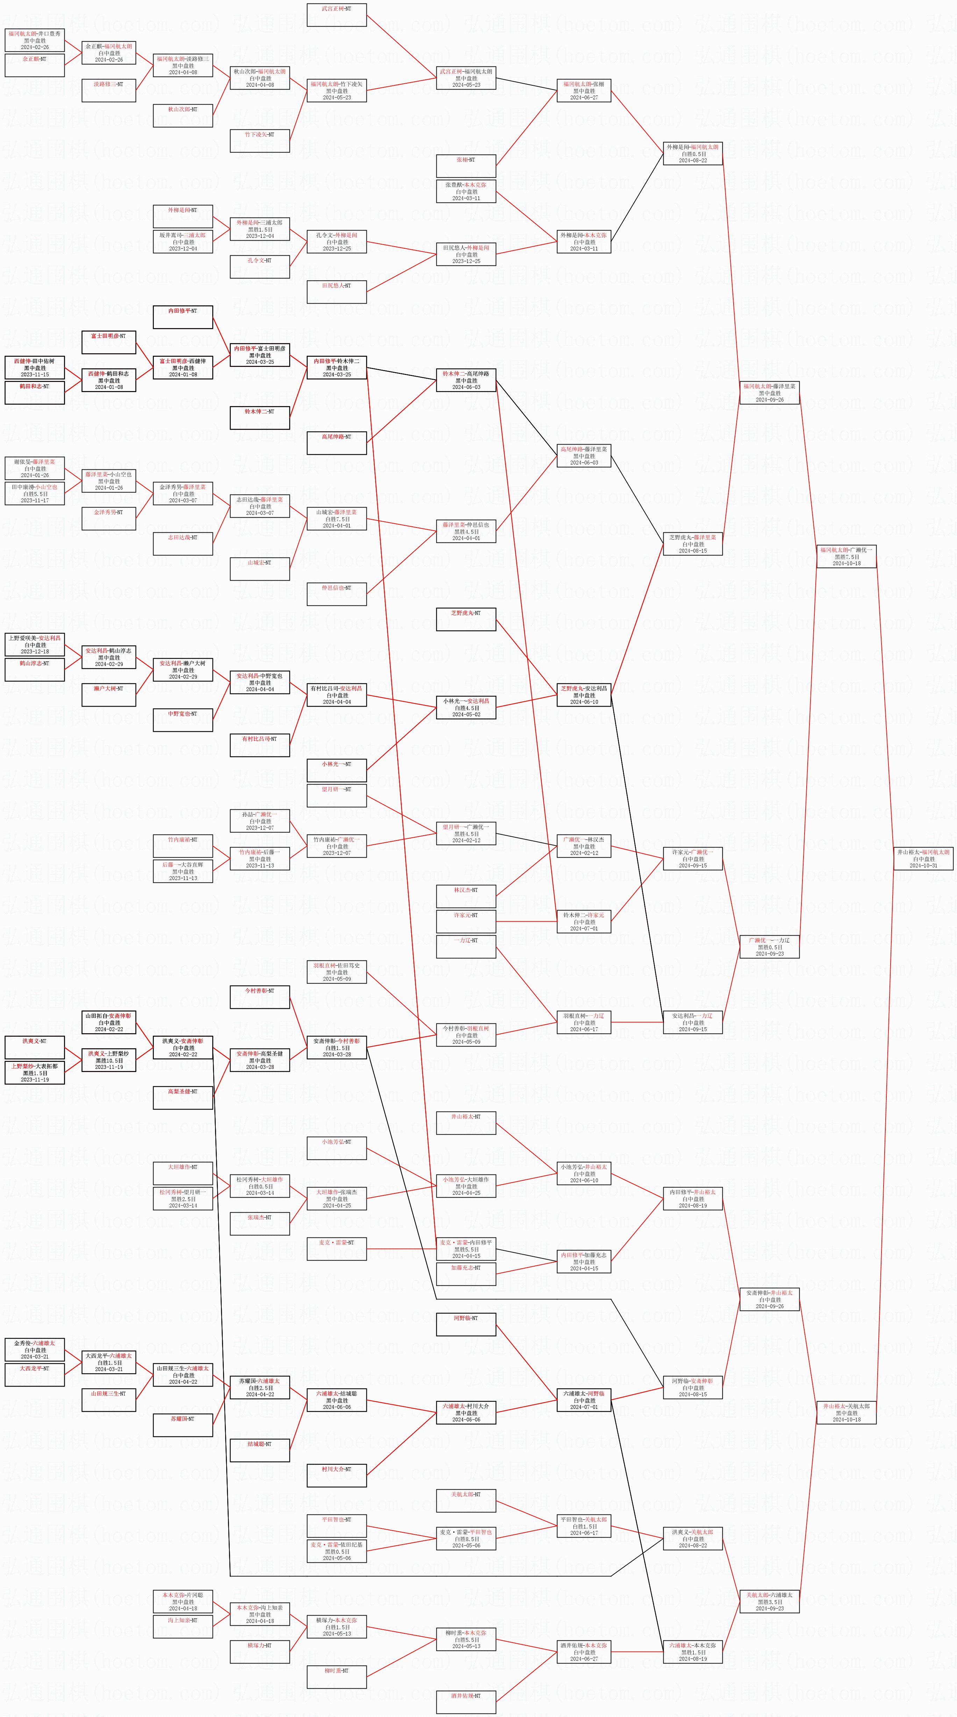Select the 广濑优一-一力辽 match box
coord(769,946)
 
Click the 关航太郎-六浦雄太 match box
coord(769,1601)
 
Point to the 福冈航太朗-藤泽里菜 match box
coord(769,392)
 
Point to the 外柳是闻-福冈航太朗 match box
coord(693,153)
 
